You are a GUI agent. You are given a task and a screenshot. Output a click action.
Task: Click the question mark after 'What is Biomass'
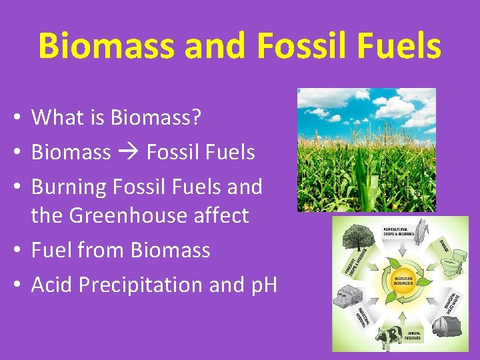(x=195, y=117)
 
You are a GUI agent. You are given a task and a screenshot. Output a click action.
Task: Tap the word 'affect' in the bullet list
(x=224, y=215)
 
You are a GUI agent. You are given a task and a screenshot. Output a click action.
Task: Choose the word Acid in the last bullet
(x=52, y=285)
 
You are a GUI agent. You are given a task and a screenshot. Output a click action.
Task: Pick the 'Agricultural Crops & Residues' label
(x=399, y=233)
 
